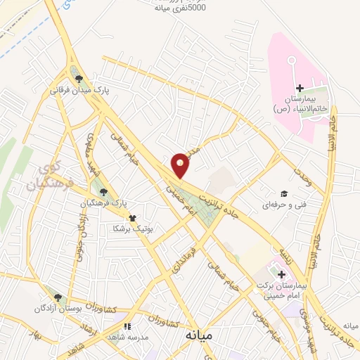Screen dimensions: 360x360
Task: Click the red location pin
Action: pos(181,165)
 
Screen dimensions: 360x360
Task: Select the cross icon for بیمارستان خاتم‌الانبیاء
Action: pos(300,89)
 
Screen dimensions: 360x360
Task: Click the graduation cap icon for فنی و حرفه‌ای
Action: pos(283,194)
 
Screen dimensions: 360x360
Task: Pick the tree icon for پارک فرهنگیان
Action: pos(104,191)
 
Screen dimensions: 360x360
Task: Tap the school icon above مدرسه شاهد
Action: pos(127,326)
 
